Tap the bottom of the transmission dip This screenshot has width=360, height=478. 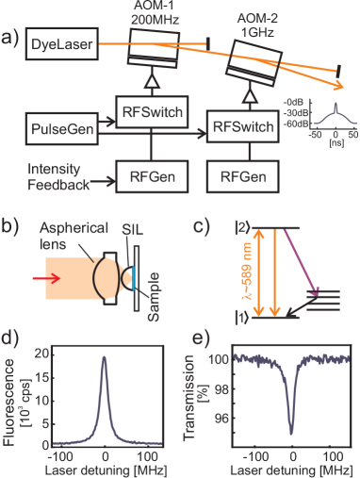[x=292, y=434]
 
